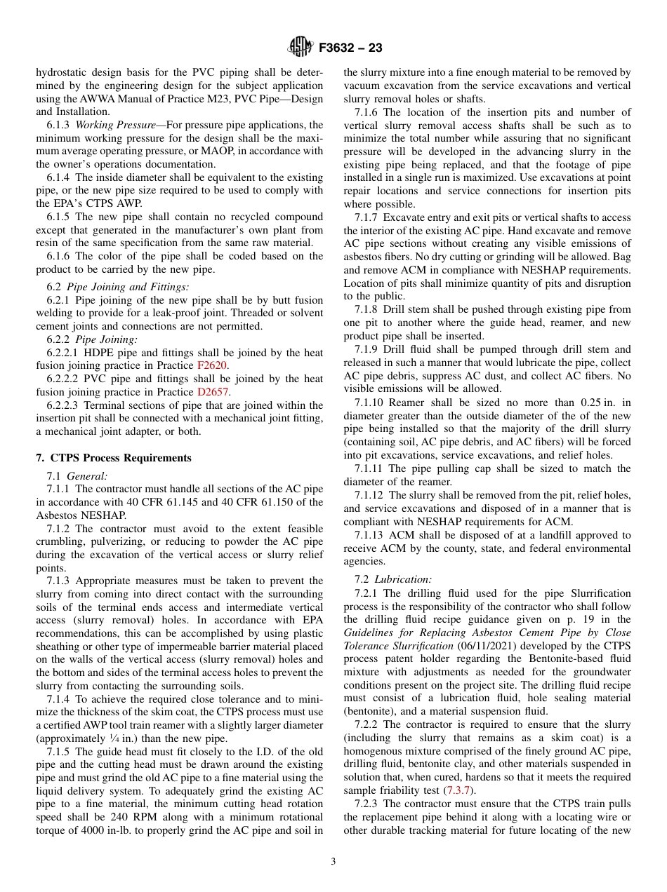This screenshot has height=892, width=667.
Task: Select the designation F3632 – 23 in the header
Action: click(x=350, y=48)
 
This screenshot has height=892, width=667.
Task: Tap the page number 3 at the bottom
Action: click(x=333, y=861)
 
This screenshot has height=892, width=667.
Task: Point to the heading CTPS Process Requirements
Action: click(x=119, y=458)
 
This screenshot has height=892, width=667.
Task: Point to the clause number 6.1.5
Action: click(x=59, y=217)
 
